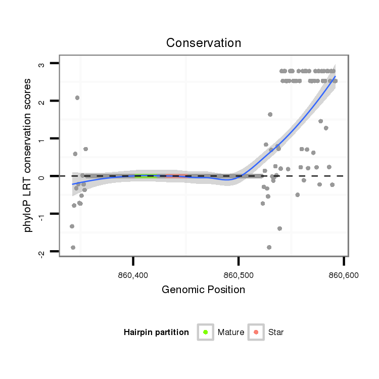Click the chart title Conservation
point(204,42)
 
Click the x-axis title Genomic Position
point(203,290)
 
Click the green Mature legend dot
point(206,332)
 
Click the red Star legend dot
point(256,332)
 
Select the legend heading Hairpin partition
point(156,333)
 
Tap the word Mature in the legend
point(230,333)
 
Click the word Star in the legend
point(276,333)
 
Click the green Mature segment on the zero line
point(146,176)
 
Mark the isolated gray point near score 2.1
point(77,98)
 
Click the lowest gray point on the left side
point(73,247)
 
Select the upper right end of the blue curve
point(335,77)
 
